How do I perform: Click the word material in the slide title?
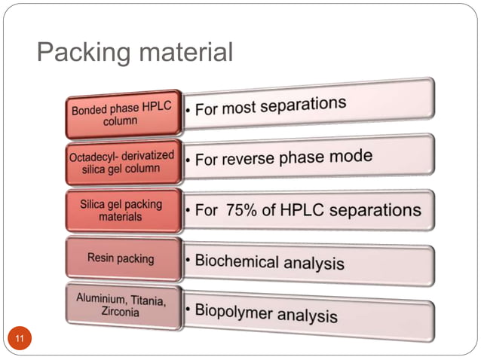(x=182, y=53)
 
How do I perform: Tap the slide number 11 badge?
(x=20, y=339)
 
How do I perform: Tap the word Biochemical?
(x=237, y=261)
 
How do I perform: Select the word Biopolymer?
(x=234, y=310)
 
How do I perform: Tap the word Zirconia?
(x=120, y=312)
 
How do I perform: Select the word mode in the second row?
(x=353, y=156)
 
